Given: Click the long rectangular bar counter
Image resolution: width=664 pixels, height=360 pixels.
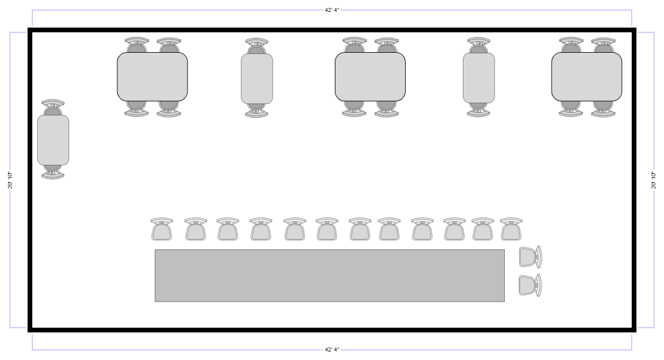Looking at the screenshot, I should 329,276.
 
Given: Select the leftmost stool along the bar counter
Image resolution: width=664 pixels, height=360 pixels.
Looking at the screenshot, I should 161,230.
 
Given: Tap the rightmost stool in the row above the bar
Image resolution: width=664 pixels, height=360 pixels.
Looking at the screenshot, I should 510,230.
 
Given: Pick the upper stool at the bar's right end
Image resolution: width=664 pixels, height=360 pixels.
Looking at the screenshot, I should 530,257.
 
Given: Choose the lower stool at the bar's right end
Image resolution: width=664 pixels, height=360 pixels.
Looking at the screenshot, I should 530,285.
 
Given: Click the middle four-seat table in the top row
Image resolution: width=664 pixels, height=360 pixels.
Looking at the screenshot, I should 370,77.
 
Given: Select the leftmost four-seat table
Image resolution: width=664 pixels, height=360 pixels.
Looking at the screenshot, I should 152,77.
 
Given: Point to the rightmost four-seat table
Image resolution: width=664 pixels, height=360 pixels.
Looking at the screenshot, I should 586,77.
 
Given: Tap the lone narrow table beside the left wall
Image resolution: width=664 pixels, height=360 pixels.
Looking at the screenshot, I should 53,140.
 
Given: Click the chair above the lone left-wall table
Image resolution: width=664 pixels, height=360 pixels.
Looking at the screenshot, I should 53,107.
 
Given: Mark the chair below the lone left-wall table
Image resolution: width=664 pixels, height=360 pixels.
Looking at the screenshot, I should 53,172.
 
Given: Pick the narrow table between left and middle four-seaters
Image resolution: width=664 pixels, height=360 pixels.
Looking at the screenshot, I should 257,79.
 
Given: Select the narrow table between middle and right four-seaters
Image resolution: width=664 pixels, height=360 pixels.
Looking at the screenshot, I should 479,78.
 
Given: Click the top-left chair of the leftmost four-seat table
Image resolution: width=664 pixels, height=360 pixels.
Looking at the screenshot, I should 137,45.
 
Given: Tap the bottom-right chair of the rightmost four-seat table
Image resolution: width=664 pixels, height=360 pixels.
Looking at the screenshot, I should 603,109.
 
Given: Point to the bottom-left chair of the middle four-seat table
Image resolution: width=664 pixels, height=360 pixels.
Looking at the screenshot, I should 354,109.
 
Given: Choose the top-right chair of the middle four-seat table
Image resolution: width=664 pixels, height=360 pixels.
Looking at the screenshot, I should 386,45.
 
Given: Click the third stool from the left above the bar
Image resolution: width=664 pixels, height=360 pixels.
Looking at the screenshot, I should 227,230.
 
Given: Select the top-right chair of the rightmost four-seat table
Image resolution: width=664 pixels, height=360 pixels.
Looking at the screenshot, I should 603,45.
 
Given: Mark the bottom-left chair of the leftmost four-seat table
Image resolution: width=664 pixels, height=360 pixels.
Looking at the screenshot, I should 137,109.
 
